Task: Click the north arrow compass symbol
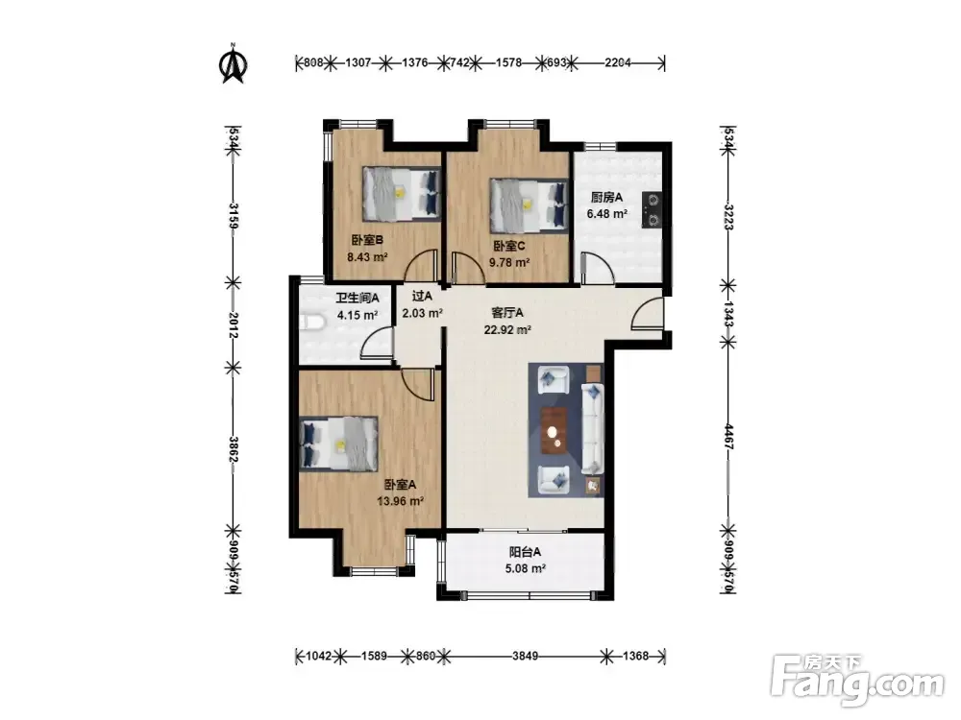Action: pos(233,62)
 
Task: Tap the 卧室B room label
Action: pos(367,240)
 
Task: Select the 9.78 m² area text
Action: pos(509,263)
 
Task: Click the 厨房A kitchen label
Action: pos(606,197)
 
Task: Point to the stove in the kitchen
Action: pos(652,210)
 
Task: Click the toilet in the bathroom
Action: pos(312,323)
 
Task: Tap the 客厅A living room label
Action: pos(507,313)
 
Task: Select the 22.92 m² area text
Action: pos(507,330)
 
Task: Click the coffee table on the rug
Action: pos(554,431)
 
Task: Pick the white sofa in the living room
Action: pos(593,428)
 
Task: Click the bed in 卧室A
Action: pos(338,444)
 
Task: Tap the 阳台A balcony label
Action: pos(526,552)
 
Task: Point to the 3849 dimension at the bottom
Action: pos(526,657)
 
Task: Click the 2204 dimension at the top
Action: pos(618,62)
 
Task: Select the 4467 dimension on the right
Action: pos(728,437)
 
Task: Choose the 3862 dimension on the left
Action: pos(233,449)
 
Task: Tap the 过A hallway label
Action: pos(422,297)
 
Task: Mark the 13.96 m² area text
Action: pos(401,501)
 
